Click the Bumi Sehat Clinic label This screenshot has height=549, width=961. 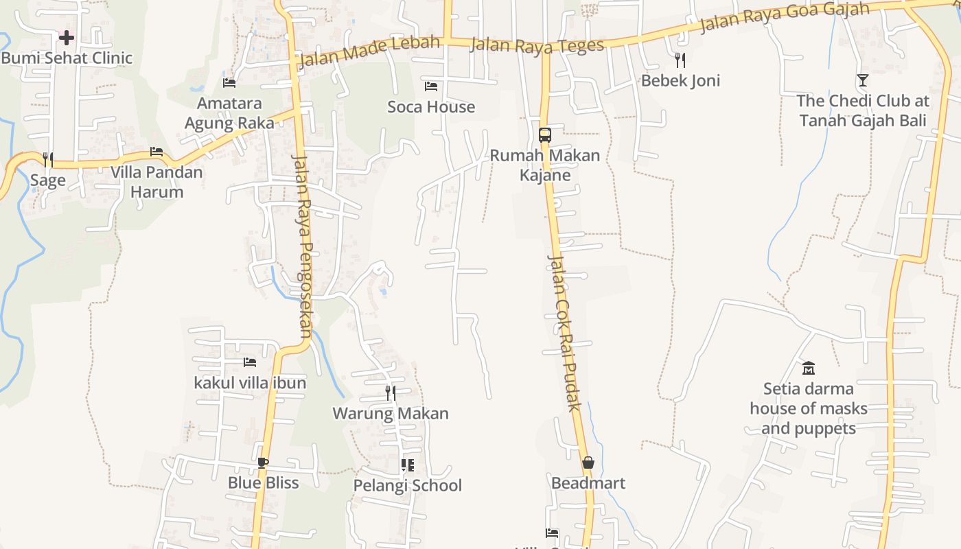coord(67,58)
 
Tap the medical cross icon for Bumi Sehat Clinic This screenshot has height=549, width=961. coord(67,37)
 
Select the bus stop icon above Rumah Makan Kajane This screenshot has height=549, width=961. coord(545,135)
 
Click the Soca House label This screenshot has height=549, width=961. coord(431,106)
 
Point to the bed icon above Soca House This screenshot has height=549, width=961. coord(431,86)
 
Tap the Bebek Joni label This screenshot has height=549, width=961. coord(680,80)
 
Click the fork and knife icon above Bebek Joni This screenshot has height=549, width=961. coord(680,60)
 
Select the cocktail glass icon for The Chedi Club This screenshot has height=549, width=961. coord(863,80)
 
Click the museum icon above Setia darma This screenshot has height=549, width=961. coord(808,368)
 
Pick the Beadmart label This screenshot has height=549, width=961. coord(588,483)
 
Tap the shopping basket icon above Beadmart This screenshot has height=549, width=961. coord(588,463)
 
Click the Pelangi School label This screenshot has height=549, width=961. coord(408,485)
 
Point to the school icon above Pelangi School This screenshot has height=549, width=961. coord(408,465)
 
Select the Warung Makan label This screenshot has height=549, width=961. coord(391,413)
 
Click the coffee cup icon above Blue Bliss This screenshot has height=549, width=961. coord(263,463)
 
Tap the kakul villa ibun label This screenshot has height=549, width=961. coord(250,382)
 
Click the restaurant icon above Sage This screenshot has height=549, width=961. coord(48,160)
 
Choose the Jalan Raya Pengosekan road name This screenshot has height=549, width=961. coord(302,247)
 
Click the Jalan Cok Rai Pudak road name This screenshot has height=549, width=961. coord(564,333)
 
